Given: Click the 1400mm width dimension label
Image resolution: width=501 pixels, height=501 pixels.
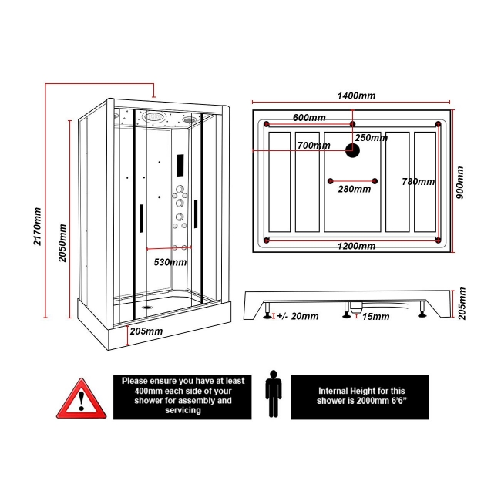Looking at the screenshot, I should (x=355, y=96).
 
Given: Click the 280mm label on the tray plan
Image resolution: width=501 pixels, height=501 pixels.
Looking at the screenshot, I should (x=355, y=190).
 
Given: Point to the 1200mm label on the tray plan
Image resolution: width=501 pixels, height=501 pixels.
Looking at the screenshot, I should (x=357, y=247).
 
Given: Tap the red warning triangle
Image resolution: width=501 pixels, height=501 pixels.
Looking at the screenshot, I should (x=79, y=398).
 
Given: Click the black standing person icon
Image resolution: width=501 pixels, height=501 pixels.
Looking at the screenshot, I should (x=273, y=394).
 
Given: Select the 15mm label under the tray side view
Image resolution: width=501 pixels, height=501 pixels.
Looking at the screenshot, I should (x=375, y=317).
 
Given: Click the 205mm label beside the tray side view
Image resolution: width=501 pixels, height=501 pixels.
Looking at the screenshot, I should (x=462, y=304).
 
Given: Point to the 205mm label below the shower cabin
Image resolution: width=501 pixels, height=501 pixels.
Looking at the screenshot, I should (x=146, y=331).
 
